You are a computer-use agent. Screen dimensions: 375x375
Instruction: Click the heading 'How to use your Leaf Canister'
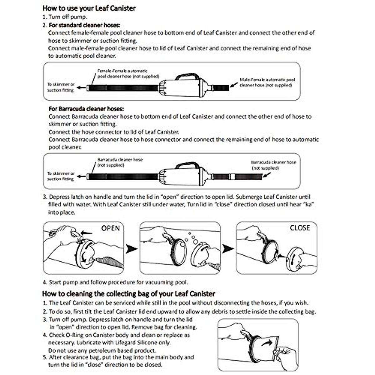(x=89, y=8)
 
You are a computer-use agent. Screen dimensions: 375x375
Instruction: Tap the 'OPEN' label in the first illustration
(x=110, y=228)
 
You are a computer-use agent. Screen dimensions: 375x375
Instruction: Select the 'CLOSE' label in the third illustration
(x=300, y=228)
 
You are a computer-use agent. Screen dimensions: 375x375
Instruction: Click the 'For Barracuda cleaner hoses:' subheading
(x=86, y=109)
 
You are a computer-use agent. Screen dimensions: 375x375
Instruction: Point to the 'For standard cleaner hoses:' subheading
(x=84, y=25)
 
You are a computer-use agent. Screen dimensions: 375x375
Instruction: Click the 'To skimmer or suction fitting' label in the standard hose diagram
(x=61, y=87)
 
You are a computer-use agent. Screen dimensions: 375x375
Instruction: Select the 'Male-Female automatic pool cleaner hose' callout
(x=267, y=82)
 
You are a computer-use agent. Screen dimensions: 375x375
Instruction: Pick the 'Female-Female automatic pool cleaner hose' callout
(x=128, y=73)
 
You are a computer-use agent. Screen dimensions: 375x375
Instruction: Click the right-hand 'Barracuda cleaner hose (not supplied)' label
(x=273, y=165)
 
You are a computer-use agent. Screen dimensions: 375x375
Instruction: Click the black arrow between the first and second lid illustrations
(x=132, y=249)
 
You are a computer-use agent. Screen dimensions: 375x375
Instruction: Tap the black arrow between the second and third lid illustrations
(x=228, y=249)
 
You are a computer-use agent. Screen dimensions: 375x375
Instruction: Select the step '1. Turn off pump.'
(x=65, y=17)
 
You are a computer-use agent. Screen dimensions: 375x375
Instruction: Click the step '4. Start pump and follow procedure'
(x=116, y=282)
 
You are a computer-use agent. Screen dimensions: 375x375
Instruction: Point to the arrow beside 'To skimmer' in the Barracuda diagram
(x=81, y=177)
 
